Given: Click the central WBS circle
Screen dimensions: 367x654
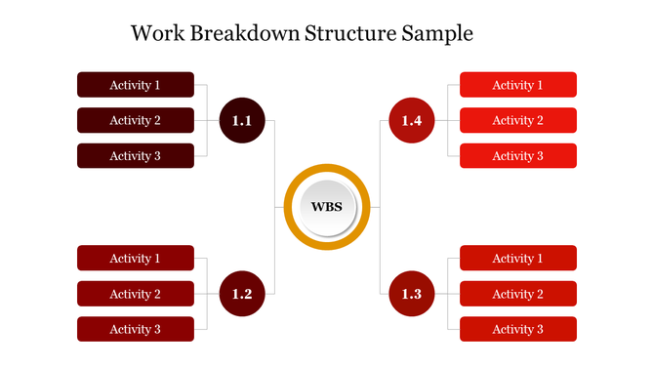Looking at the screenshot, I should click(x=327, y=207).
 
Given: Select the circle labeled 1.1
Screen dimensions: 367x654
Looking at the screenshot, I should click(x=242, y=121).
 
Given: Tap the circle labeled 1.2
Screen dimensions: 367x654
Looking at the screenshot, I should click(x=242, y=294).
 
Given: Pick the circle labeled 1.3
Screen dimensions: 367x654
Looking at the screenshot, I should click(x=411, y=294).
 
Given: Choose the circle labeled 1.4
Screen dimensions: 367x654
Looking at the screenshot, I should click(x=411, y=121).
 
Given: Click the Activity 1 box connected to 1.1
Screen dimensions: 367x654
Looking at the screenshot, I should click(x=136, y=85).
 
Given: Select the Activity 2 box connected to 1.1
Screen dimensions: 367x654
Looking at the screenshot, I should click(x=136, y=121).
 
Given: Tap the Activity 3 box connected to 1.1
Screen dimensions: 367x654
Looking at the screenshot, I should click(x=136, y=156).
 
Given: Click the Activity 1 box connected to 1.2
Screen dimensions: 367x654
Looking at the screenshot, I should click(x=136, y=259).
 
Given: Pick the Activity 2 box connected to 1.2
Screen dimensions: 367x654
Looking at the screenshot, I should click(x=136, y=294).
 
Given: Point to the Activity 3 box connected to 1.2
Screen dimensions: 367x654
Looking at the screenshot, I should click(x=136, y=330).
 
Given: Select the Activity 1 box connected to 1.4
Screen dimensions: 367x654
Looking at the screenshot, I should click(x=517, y=85).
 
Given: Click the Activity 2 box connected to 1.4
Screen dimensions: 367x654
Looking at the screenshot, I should click(x=517, y=121).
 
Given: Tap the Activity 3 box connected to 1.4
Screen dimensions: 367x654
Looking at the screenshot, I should click(x=517, y=156).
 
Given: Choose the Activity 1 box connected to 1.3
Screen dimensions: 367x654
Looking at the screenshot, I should click(x=517, y=259).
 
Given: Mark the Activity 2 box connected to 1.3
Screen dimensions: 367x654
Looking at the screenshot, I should click(x=517, y=294).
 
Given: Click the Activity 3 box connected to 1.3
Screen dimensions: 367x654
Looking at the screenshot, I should click(x=517, y=330).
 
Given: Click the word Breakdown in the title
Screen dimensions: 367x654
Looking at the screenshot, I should click(x=245, y=33).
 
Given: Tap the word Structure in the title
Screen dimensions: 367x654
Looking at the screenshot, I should click(x=349, y=33).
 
